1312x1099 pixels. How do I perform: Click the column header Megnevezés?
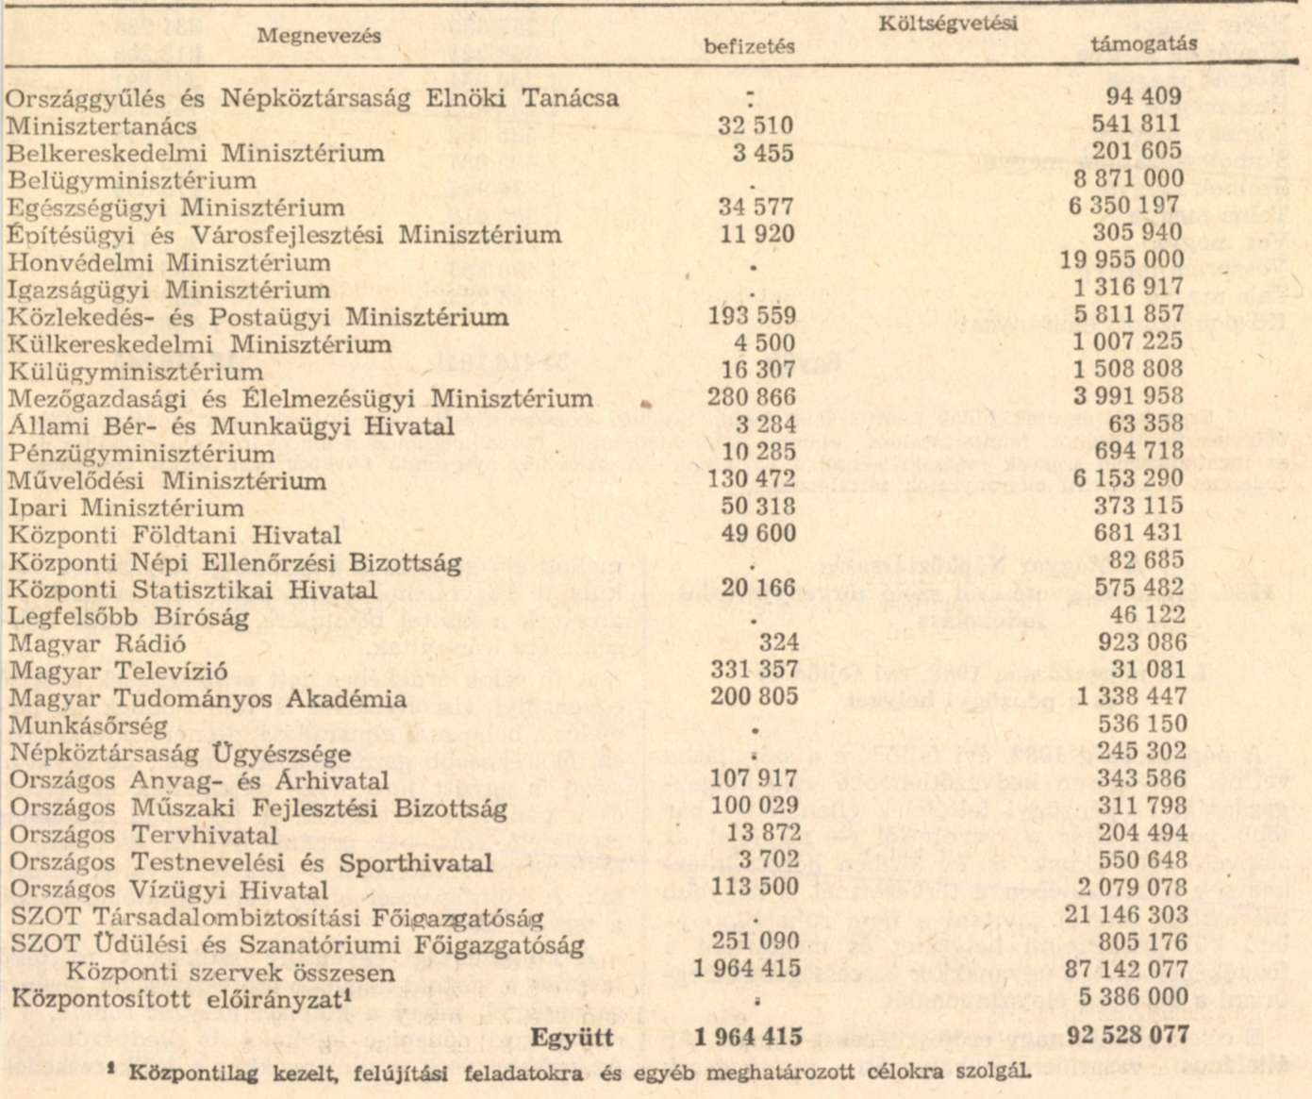click(320, 36)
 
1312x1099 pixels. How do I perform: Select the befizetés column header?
click(749, 45)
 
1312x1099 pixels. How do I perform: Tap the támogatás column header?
click(1143, 43)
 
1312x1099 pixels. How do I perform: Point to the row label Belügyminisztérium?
click(132, 180)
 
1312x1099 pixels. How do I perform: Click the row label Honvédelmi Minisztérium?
click(170, 262)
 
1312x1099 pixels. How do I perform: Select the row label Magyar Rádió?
click(97, 644)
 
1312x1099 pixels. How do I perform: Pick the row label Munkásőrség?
click(88, 726)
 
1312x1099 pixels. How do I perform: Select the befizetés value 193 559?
click(752, 316)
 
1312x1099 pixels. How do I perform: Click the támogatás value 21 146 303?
click(1126, 914)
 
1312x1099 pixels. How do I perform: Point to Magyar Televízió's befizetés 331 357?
click(753, 671)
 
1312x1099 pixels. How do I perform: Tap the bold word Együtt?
click(573, 1039)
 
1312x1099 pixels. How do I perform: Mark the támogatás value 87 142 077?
click(1126, 969)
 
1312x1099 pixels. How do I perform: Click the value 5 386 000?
click(1133, 997)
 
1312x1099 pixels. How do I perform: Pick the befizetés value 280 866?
click(752, 397)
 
